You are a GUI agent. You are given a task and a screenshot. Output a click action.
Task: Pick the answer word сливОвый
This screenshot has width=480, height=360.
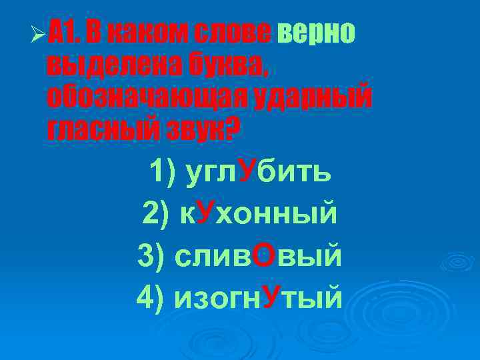point(257,256)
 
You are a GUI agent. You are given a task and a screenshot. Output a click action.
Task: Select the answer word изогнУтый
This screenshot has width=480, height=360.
point(258,297)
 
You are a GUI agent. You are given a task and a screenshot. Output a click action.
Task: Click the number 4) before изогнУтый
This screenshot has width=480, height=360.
point(150,298)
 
